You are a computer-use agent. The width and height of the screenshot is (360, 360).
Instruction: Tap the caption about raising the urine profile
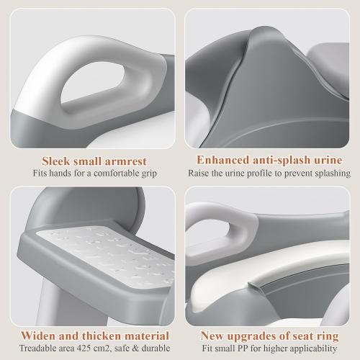[269, 174]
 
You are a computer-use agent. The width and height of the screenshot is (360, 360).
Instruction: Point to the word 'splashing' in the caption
[330, 174]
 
